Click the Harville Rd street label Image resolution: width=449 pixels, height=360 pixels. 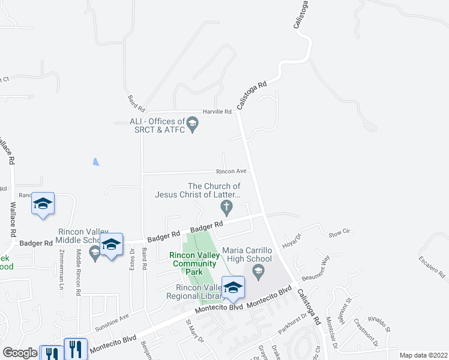217,112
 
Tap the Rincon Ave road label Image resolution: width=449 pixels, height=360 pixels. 236,171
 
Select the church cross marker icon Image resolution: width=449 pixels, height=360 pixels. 226,208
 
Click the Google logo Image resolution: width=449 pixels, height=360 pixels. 20,353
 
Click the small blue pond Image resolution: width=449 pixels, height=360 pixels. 96,162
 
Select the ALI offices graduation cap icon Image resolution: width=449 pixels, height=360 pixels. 192,125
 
